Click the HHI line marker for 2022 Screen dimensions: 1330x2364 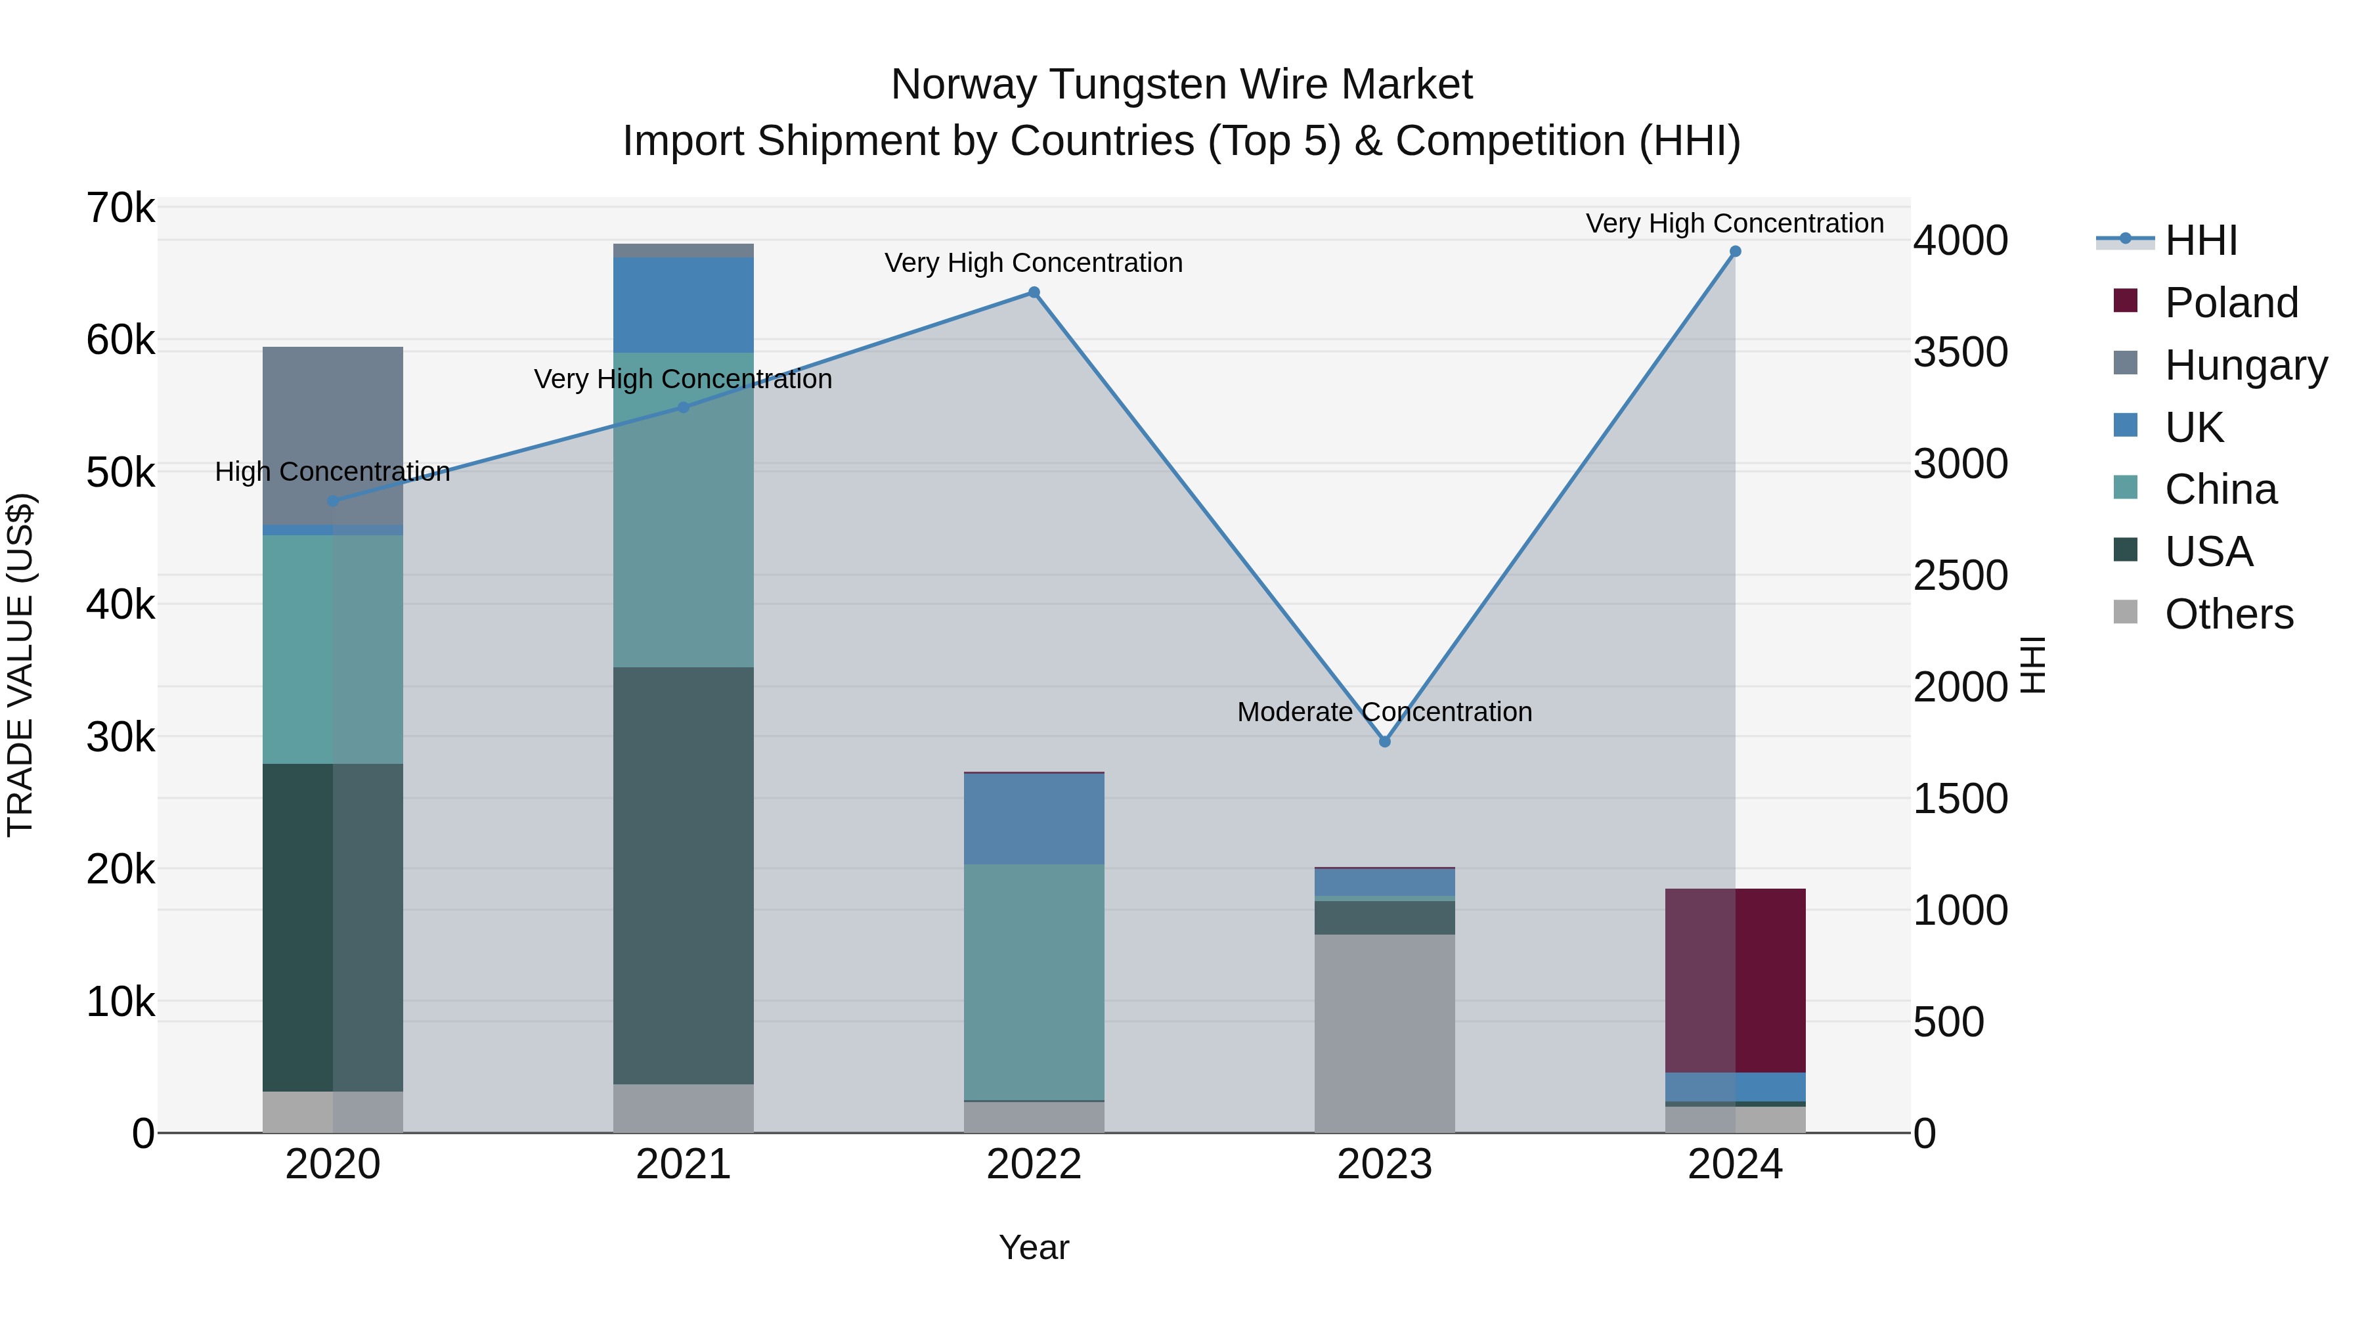click(x=1034, y=293)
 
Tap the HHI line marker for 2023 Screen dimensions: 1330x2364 click(x=1385, y=742)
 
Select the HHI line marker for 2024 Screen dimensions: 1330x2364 click(x=1734, y=252)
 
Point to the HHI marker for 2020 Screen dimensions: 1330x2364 click(x=333, y=501)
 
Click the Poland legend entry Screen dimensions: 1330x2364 click(x=2230, y=303)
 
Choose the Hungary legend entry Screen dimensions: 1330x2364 click(x=2244, y=365)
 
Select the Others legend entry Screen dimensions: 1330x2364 click(x=2228, y=614)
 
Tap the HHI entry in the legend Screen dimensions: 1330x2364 click(x=2200, y=240)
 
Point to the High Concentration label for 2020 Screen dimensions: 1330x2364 click(x=332, y=472)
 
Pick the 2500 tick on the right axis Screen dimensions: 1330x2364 click(x=1960, y=577)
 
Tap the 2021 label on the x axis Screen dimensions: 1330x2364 click(x=683, y=1164)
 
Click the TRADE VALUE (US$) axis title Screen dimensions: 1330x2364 click(x=20, y=665)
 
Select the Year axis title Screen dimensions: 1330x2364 click(x=1034, y=1247)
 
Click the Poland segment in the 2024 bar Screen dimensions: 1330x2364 click(x=1734, y=981)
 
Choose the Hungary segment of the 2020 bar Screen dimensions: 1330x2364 click(x=332, y=436)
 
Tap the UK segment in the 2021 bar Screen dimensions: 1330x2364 click(x=683, y=305)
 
